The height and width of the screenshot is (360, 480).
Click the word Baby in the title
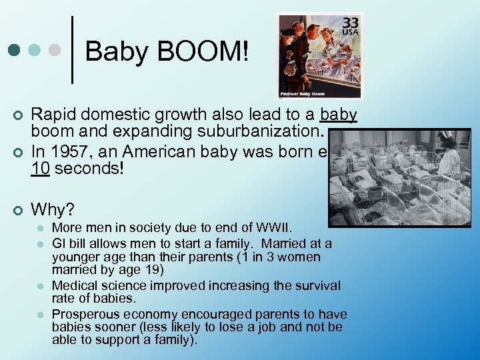[111, 51]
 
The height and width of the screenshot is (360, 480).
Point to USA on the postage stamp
[350, 33]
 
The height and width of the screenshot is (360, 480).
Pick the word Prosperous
[83, 314]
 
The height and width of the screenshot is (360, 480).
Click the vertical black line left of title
[72, 50]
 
